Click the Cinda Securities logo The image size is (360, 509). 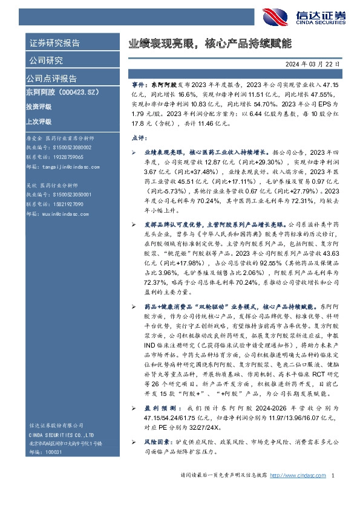pyautogui.click(x=315, y=16)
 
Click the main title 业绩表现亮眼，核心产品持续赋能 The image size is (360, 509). pyautogui.click(x=210, y=44)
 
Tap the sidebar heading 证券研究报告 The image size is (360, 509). pyautogui.click(x=54, y=43)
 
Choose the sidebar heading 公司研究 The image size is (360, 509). pyautogui.click(x=45, y=60)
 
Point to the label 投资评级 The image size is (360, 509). pyautogui.click(x=38, y=106)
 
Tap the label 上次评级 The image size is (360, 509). pyautogui.click(x=38, y=121)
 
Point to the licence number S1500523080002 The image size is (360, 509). pyautogui.click(x=68, y=147)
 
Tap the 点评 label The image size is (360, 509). pyautogui.click(x=139, y=138)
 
